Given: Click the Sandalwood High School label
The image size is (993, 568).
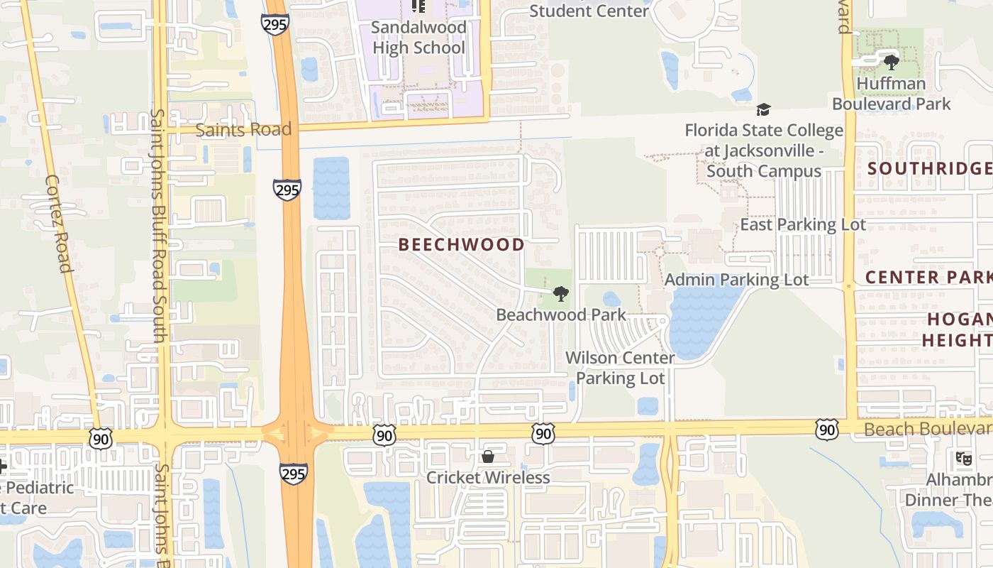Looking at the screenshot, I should click(418, 38).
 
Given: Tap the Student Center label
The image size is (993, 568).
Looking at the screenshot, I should click(589, 11).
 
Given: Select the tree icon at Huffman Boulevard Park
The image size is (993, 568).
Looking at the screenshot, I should click(891, 62).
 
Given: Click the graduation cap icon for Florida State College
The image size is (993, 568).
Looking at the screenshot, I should click(763, 110).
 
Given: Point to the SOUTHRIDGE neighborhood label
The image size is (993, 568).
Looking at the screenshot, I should click(929, 168).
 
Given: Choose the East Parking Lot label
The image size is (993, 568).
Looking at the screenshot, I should click(803, 225).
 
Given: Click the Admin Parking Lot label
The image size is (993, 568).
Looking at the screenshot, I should click(736, 280).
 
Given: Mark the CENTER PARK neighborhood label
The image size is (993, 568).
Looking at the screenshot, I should click(928, 277).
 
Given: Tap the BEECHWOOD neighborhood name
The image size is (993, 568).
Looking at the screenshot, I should click(462, 245).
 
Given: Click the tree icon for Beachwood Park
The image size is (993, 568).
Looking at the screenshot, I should click(560, 293).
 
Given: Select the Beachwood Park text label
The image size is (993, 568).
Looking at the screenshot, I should click(561, 315).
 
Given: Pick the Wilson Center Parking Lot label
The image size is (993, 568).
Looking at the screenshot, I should click(620, 368).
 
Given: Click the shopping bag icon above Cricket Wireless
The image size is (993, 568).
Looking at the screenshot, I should click(488, 457).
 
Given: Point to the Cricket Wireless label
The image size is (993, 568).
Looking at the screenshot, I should click(488, 478).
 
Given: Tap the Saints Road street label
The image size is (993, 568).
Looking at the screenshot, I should click(243, 130).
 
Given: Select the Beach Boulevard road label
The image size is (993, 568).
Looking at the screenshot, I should click(928, 429).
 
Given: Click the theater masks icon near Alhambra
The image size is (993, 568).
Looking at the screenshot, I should click(963, 459).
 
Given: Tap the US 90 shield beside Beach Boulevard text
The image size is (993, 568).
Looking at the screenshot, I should click(826, 429).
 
